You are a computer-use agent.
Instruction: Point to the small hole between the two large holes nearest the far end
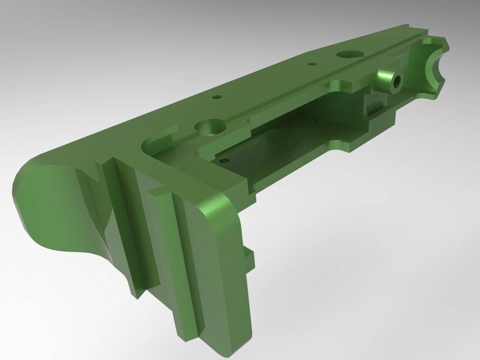click(311, 64)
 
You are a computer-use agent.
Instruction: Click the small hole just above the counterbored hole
click(216, 97)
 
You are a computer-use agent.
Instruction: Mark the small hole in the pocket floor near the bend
click(225, 161)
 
